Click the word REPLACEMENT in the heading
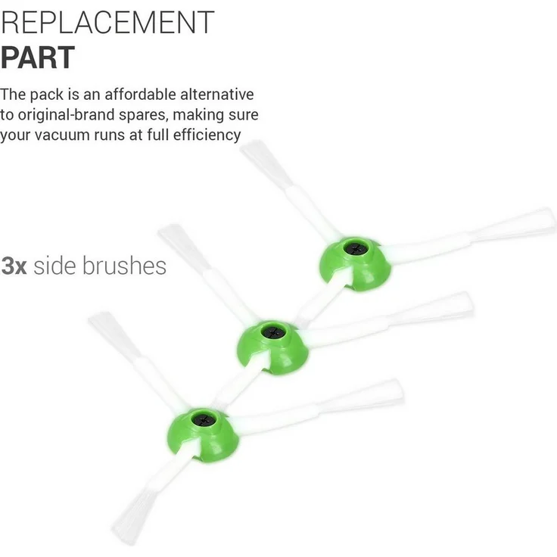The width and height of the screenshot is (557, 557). click(x=107, y=23)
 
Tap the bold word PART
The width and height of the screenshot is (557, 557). click(x=37, y=58)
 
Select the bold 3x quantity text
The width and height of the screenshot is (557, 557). click(x=14, y=266)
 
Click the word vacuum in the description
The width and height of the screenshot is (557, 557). click(x=62, y=135)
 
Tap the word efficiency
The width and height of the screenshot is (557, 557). click(x=207, y=135)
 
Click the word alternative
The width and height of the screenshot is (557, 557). click(x=217, y=95)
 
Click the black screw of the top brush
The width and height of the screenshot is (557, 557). click(x=356, y=249)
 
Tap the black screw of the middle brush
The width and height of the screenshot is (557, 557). click(x=273, y=333)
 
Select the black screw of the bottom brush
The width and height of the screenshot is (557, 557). click(x=204, y=420)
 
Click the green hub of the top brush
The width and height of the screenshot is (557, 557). click(x=355, y=264)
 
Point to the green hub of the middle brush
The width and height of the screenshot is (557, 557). click(x=272, y=348)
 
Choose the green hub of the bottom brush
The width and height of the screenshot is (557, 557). click(x=203, y=435)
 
